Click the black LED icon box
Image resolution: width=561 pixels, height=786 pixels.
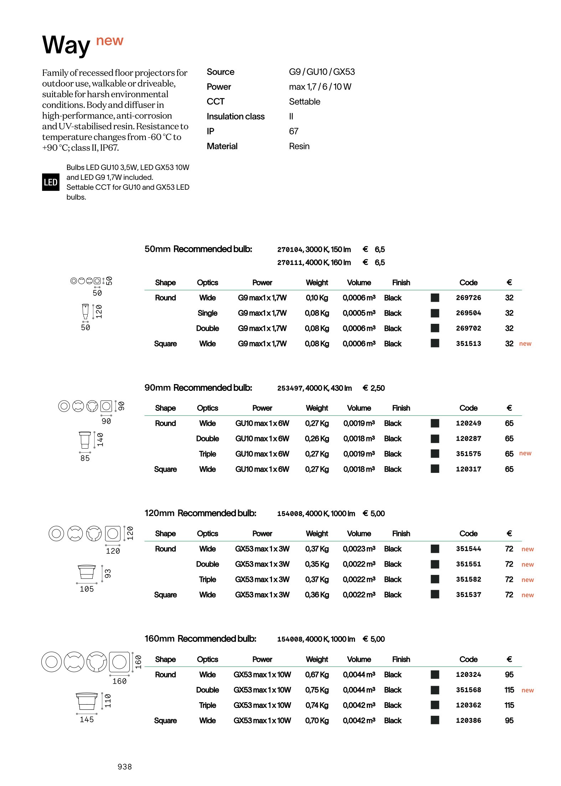click(x=51, y=182)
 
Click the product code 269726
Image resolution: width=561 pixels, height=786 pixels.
click(x=468, y=298)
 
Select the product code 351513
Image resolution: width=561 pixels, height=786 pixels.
click(x=468, y=344)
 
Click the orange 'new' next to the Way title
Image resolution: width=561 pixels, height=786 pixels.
click(x=110, y=41)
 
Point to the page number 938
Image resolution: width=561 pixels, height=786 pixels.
click(x=125, y=767)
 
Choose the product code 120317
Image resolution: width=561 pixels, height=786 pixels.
click(x=468, y=469)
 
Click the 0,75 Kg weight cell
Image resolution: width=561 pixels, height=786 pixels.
click(x=317, y=690)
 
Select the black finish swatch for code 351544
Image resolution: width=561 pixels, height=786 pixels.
click(x=435, y=549)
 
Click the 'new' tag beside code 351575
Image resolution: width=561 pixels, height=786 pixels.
click(x=525, y=454)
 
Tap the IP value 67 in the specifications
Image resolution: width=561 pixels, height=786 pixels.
click(x=294, y=132)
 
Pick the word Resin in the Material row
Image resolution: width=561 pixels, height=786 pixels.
click(x=299, y=147)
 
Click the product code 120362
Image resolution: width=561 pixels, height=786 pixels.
click(x=468, y=705)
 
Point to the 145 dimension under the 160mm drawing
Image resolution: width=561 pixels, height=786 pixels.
click(x=87, y=720)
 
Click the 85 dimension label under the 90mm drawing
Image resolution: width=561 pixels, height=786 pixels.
click(x=85, y=458)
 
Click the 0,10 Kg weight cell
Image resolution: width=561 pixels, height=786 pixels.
click(x=317, y=298)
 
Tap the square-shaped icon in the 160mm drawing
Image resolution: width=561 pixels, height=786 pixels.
click(x=119, y=662)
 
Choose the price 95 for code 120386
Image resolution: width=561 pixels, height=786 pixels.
click(x=509, y=721)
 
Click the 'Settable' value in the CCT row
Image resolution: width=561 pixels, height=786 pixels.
click(x=304, y=102)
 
